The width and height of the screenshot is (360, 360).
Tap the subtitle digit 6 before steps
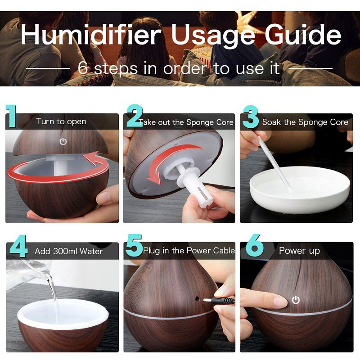click(83, 68)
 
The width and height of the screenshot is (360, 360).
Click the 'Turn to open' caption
click(61, 121)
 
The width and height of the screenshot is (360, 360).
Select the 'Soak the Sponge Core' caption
click(305, 122)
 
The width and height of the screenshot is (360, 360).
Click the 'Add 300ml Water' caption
click(69, 251)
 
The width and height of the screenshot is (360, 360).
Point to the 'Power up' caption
click(299, 251)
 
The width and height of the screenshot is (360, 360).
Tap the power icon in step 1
click(63, 141)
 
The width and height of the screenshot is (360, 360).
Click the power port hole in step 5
click(197, 298)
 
